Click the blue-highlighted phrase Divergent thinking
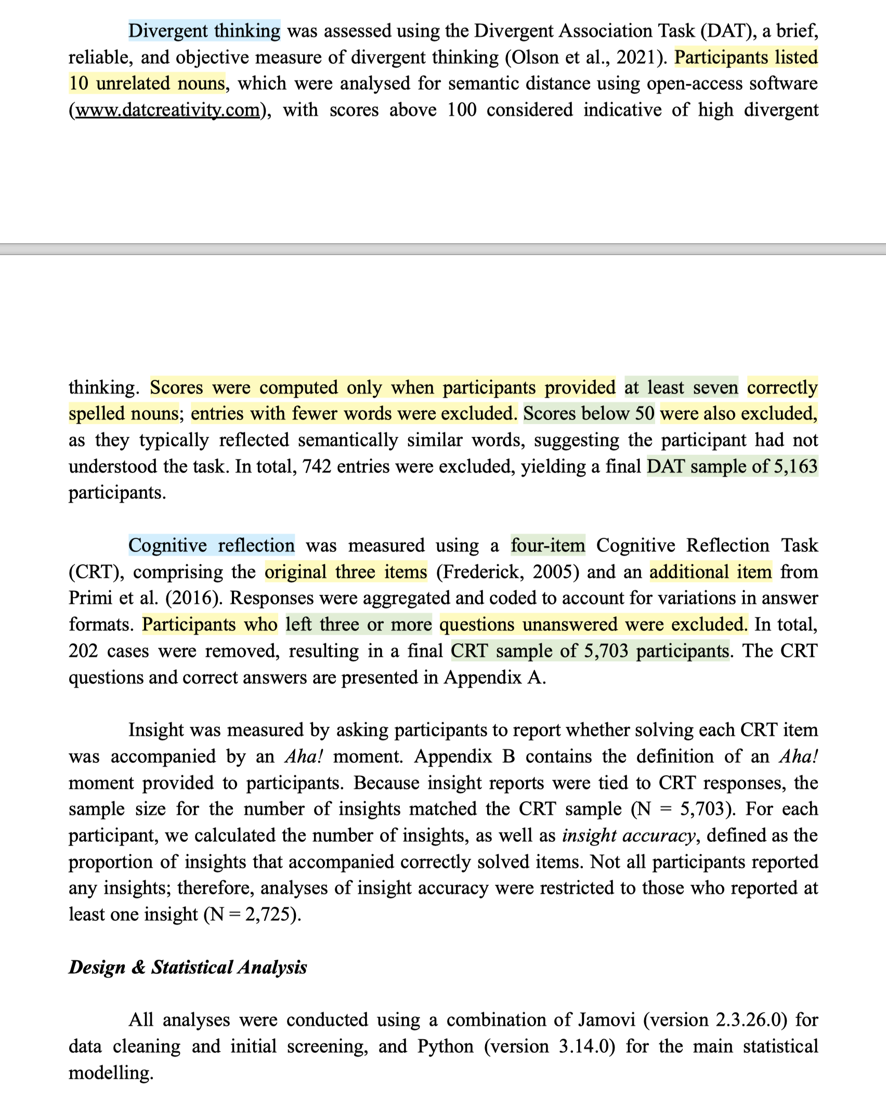[204, 31]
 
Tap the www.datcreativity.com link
[167, 110]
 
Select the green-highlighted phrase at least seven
[681, 388]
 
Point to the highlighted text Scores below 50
[589, 414]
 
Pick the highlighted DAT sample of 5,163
[732, 467]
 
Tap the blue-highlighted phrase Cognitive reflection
[212, 546]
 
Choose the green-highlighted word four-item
[548, 546]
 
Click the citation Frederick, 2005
[507, 572]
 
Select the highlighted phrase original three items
[346, 572]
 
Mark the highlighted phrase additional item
[710, 572]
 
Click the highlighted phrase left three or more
[359, 625]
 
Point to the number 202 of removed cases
[83, 651]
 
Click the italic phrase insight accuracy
[628, 835]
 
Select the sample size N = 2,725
[252, 914]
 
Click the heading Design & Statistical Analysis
[188, 967]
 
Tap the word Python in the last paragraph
[446, 1046]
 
